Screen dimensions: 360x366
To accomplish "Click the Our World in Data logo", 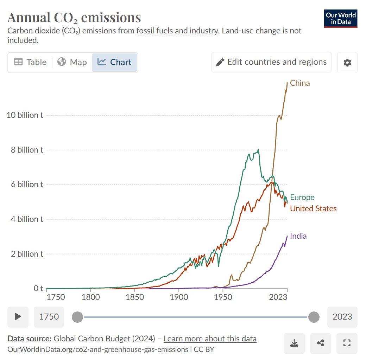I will (341, 19).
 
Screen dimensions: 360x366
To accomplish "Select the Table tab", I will (30, 62).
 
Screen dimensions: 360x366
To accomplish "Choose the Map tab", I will (72, 62).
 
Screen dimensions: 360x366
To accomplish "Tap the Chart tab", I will (115, 62).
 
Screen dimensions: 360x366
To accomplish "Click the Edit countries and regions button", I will (271, 62).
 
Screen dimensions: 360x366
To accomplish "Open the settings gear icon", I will (347, 63).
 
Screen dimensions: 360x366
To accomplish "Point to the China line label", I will (300, 83).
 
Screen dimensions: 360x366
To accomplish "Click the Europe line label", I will (302, 197).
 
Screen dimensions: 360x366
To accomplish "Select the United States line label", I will (313, 208).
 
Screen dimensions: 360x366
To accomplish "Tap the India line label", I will (298, 236).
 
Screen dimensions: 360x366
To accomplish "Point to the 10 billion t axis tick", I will (25, 115).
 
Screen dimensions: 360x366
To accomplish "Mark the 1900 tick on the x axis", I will (179, 297).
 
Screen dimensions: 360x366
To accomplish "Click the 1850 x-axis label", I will (135, 297).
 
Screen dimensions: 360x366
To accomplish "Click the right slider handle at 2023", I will (314, 317).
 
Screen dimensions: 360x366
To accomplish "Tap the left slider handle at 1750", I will (77, 317).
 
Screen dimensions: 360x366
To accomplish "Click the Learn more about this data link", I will (210, 339).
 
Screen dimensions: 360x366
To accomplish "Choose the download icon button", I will (294, 343).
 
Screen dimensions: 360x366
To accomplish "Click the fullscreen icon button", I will (347, 343).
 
